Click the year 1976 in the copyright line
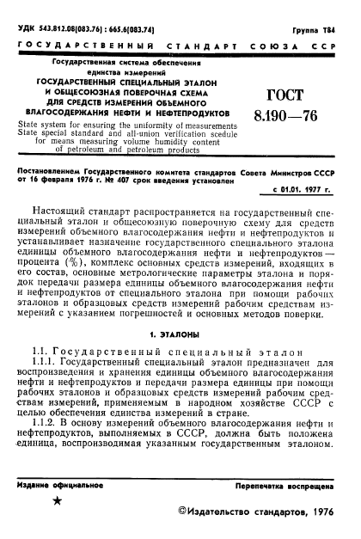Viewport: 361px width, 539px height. click(x=317, y=513)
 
